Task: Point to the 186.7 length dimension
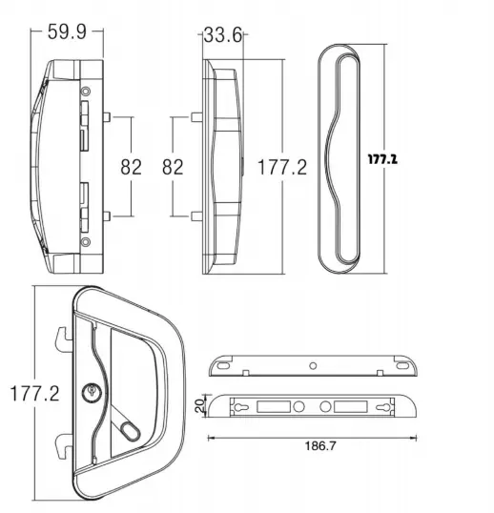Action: [309, 445]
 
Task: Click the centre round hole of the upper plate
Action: [313, 362]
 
